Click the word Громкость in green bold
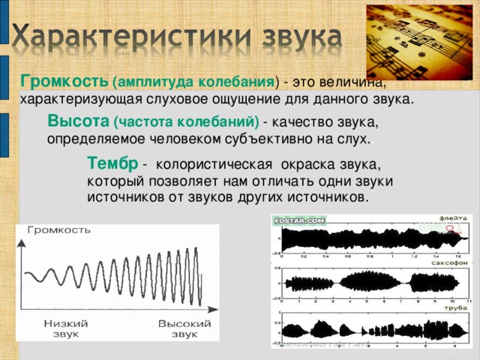(x=64, y=80)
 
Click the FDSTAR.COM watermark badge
(x=299, y=221)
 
